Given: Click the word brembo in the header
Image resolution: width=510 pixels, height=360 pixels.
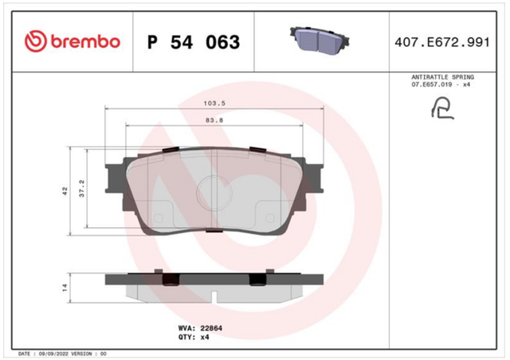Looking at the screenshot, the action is [x=85, y=42].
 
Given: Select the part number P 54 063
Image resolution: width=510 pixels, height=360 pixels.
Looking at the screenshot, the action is [x=194, y=42].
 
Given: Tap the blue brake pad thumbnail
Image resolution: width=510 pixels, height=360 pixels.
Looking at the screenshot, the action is [x=320, y=41].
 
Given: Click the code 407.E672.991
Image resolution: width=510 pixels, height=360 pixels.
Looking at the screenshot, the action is [x=442, y=42].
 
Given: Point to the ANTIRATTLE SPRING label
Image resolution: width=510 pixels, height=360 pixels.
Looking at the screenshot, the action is [x=443, y=77].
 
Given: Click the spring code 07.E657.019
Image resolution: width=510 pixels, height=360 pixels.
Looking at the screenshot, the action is [x=432, y=84].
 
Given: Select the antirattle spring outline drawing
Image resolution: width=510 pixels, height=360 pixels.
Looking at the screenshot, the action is [x=443, y=108].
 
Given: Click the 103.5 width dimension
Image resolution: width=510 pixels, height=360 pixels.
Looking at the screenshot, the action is [x=214, y=104].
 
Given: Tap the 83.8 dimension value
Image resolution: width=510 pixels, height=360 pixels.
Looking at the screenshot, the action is [x=214, y=120].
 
